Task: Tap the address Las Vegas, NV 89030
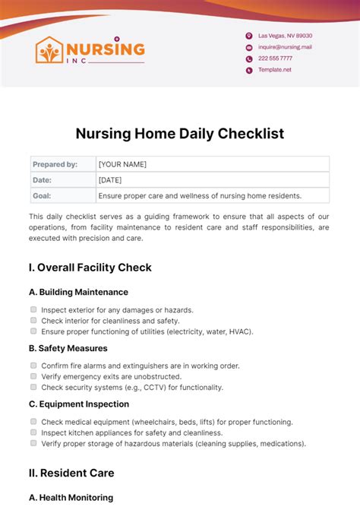click(285, 36)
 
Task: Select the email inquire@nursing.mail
click(285, 47)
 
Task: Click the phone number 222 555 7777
click(275, 59)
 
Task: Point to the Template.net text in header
click(274, 70)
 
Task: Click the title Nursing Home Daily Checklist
click(180, 134)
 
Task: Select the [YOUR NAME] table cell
click(122, 164)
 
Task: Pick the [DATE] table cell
click(111, 180)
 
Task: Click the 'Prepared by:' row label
click(55, 164)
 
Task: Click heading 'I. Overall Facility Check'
click(90, 268)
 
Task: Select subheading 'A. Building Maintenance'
click(78, 292)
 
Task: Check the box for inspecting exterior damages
click(33, 309)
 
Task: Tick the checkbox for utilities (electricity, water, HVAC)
click(33, 331)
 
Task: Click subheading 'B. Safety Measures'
click(68, 348)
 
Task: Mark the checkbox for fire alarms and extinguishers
click(33, 366)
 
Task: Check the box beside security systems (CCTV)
click(33, 387)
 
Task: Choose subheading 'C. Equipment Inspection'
click(79, 404)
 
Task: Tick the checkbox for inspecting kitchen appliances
click(33, 432)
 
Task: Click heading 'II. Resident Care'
click(71, 473)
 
